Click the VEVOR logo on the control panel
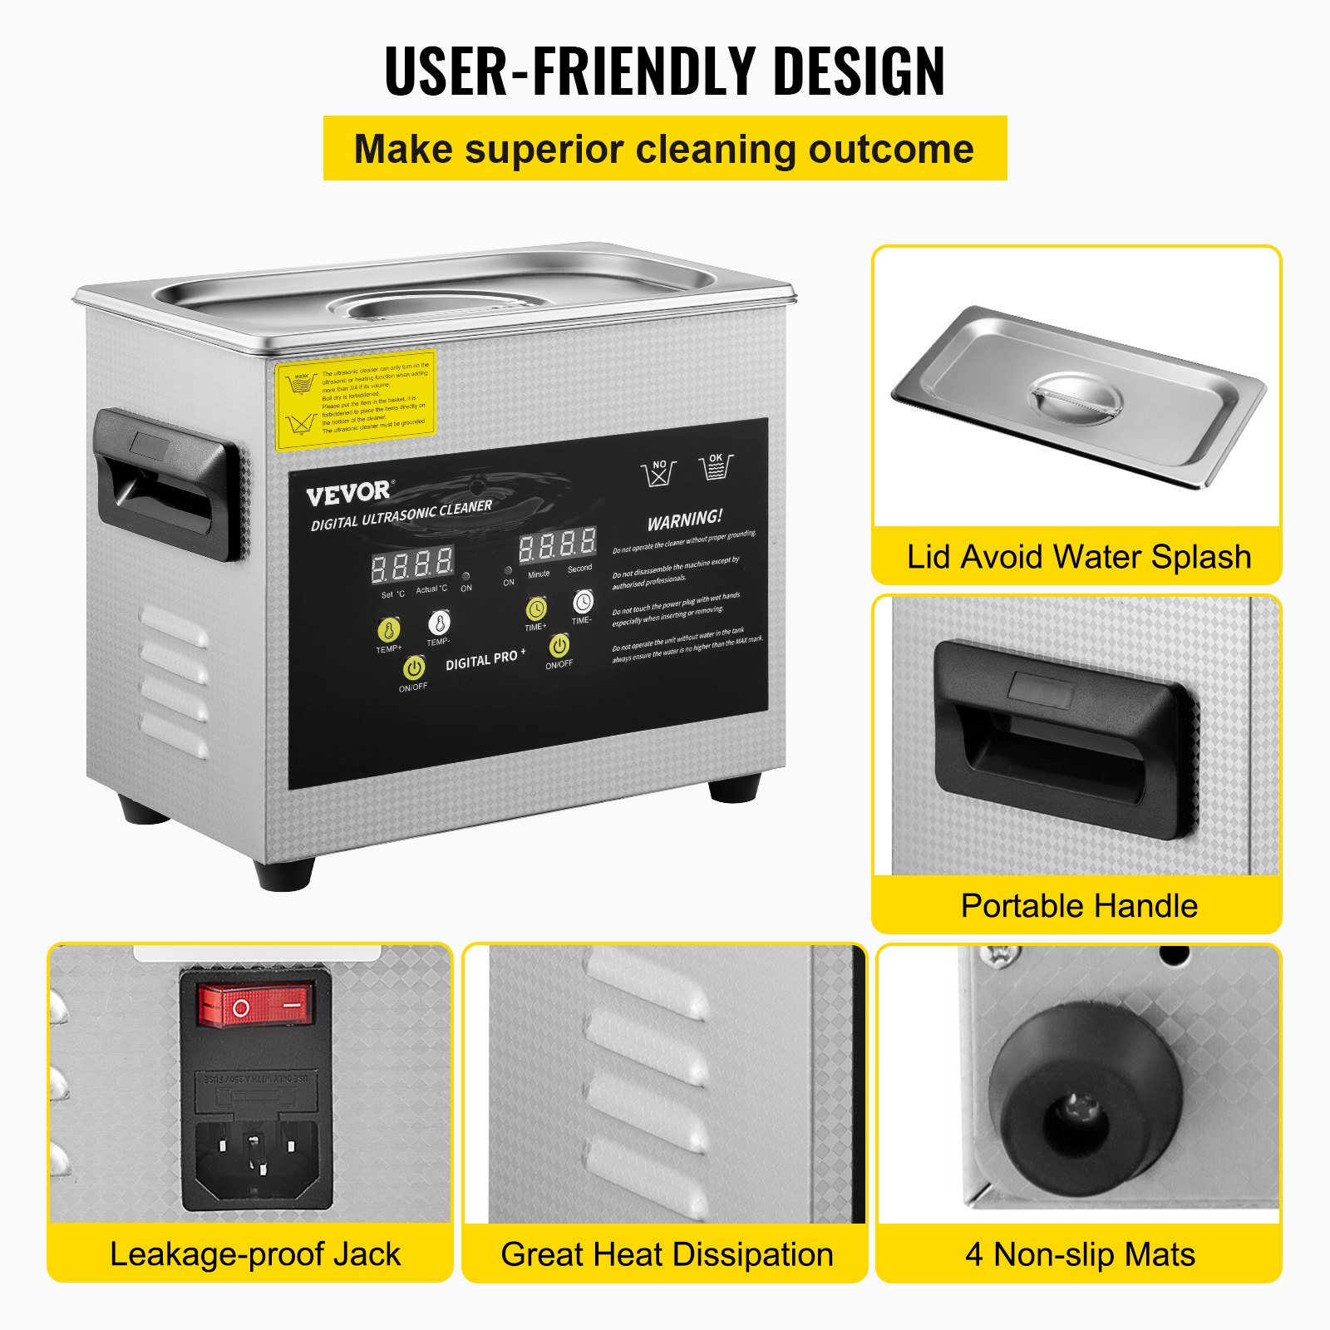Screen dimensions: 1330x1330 pyautogui.click(x=347, y=493)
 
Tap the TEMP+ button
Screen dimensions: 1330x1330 pyautogui.click(x=388, y=629)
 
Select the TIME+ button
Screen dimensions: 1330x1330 pyautogui.click(x=536, y=609)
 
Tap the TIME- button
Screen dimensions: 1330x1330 pyautogui.click(x=583, y=602)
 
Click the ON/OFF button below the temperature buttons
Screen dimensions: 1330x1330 pyautogui.click(x=413, y=667)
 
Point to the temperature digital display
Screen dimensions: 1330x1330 pyautogui.click(x=411, y=565)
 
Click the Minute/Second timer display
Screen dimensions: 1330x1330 pyautogui.click(x=557, y=545)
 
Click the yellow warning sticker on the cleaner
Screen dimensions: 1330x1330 pyautogui.click(x=356, y=400)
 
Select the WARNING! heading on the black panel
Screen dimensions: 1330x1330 pyautogui.click(x=685, y=520)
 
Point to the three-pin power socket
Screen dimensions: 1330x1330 pyautogui.click(x=256, y=1156)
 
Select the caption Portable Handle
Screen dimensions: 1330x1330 pyautogui.click(x=1078, y=905)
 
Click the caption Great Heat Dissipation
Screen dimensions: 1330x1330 pyautogui.click(x=666, y=1254)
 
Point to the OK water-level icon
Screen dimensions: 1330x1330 pyautogui.click(x=716, y=467)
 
